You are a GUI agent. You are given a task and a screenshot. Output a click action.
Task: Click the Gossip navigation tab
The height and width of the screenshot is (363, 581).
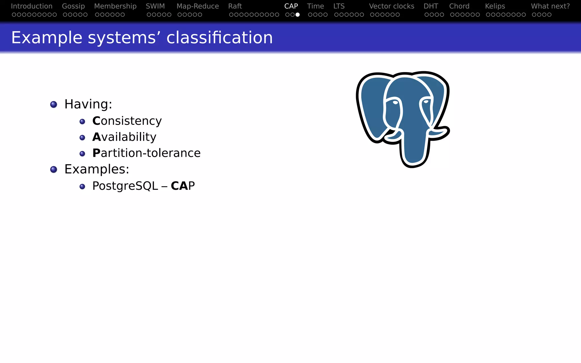[73, 6]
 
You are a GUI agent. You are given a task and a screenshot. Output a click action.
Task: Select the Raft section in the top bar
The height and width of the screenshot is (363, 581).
[235, 6]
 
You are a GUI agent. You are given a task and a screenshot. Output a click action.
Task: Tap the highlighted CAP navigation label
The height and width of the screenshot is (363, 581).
[291, 6]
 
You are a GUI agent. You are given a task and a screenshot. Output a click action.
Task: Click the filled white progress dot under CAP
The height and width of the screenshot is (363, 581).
[297, 14]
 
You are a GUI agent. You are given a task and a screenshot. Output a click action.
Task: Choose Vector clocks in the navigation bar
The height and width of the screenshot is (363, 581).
[391, 6]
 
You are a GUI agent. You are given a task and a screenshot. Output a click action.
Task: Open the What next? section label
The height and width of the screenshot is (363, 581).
[550, 6]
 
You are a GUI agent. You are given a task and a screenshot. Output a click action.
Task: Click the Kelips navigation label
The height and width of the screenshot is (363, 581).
[495, 6]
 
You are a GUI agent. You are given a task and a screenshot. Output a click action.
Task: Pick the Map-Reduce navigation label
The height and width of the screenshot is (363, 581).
[197, 6]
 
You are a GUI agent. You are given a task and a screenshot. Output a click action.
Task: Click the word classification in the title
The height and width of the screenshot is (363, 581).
[219, 37]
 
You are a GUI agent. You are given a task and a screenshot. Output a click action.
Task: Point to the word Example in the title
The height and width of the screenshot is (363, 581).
[47, 37]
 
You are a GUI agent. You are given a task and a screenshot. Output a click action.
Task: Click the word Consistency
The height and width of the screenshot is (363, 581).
[127, 121]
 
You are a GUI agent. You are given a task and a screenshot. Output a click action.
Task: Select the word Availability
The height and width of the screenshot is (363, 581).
[124, 137]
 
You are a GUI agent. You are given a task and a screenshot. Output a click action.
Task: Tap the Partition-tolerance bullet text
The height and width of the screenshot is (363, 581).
[146, 153]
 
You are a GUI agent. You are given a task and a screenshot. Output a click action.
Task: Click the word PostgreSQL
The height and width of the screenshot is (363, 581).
[125, 186]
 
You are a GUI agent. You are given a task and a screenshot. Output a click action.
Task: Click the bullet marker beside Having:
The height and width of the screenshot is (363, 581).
[54, 104]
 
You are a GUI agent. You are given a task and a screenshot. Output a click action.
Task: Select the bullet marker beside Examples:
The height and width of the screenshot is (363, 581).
[54, 170]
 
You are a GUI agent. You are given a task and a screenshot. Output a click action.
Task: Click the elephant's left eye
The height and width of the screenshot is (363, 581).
[395, 102]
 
